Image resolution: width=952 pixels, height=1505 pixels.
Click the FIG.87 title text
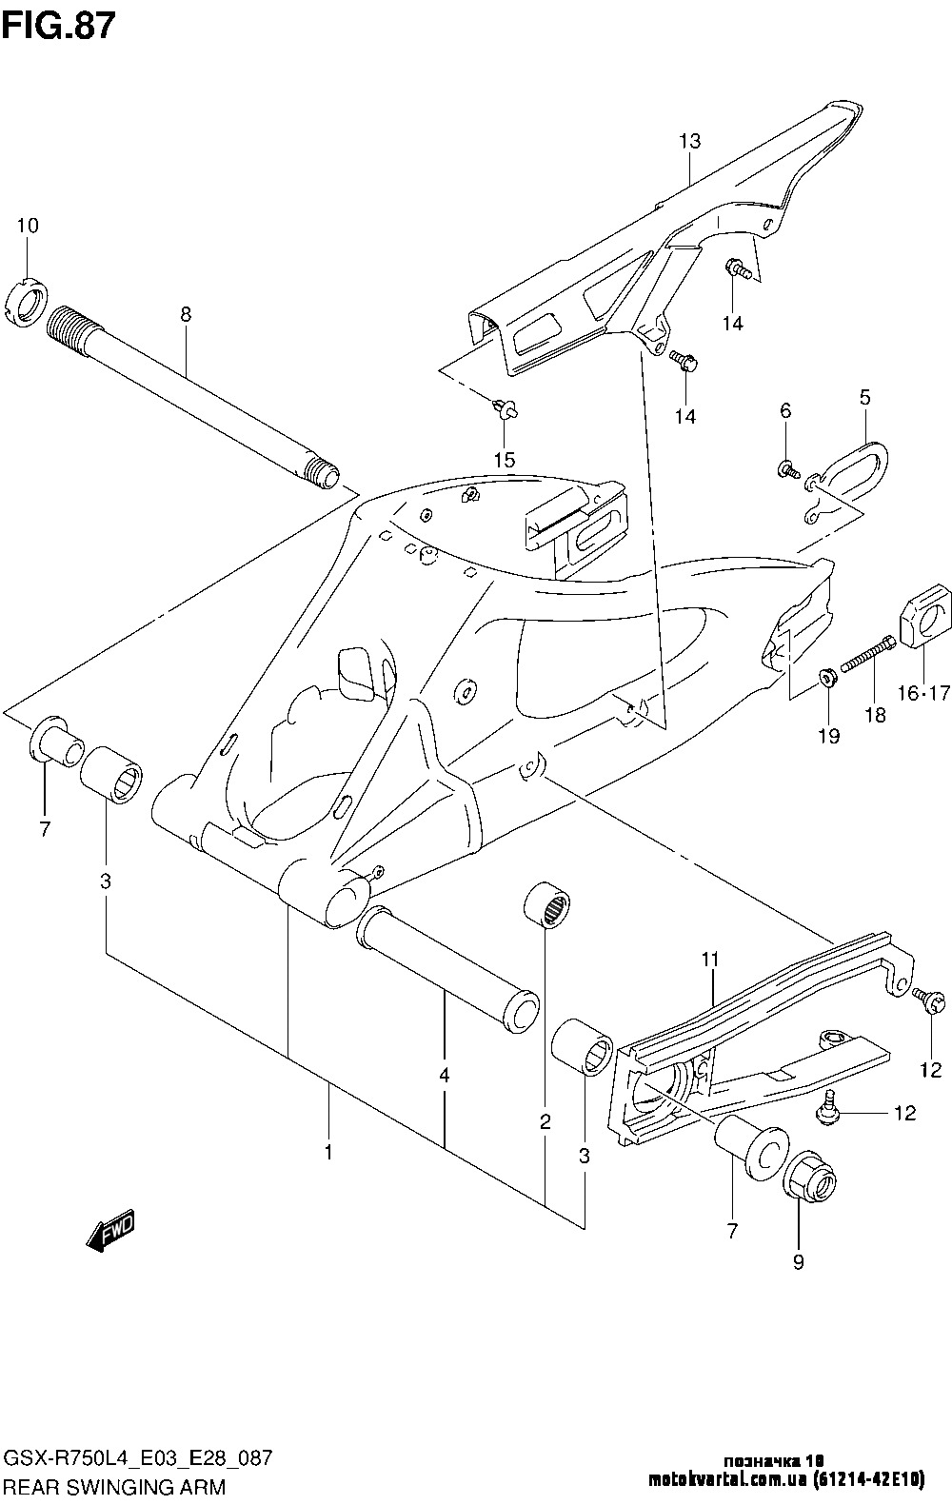pos(59,28)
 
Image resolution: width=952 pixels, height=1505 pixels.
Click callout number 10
pos(29,226)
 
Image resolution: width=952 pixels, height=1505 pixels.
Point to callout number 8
pos(186,314)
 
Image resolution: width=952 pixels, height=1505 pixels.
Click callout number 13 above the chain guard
pos(690,141)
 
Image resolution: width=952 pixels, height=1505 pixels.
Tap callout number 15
pos(505,460)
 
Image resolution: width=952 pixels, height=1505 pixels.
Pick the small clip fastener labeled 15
pos(505,407)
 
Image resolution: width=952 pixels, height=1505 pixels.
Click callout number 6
pos(785,410)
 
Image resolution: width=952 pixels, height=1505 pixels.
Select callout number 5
pos(864,397)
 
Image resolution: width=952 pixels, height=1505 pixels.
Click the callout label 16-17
pos(923,692)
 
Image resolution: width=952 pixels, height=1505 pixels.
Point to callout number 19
pos(829,737)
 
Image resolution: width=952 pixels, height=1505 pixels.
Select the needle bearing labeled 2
pos(546,906)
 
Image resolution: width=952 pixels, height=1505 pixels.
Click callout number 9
pos(798,1262)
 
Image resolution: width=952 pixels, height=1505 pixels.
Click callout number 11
pos(710,959)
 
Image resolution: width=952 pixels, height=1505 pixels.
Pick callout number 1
pos(328,1152)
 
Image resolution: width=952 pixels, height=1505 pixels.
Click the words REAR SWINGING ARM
pos(114,1486)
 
